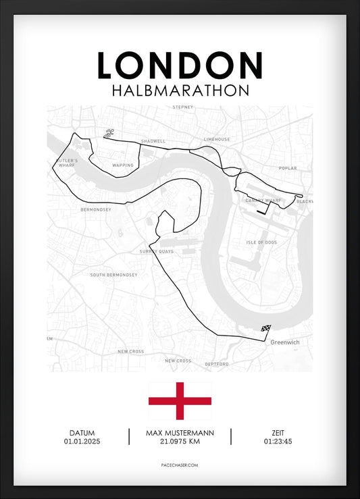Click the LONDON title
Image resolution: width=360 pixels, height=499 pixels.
[180, 65]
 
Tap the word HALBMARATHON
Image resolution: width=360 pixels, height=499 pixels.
[180, 90]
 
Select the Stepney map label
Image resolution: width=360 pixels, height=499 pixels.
[183, 107]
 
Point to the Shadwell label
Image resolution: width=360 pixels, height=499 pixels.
[153, 141]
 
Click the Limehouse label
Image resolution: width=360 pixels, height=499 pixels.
[217, 139]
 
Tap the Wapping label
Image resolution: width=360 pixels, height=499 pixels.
[123, 165]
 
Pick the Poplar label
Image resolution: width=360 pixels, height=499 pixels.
[287, 167]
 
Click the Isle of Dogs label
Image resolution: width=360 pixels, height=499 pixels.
[261, 242]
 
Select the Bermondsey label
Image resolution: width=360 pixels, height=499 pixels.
[95, 209]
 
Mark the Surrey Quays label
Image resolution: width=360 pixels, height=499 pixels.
[157, 251]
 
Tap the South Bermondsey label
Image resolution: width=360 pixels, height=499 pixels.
[113, 275]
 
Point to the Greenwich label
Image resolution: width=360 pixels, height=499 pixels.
[284, 342]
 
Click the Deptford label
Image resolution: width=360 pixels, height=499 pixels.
[217, 364]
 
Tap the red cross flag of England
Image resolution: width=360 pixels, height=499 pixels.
[180, 401]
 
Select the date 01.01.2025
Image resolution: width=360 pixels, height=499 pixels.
[82, 442]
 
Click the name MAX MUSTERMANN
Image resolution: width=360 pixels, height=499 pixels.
[179, 433]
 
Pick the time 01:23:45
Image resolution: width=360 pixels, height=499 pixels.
[278, 442]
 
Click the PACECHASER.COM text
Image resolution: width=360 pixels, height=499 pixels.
[180, 465]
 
